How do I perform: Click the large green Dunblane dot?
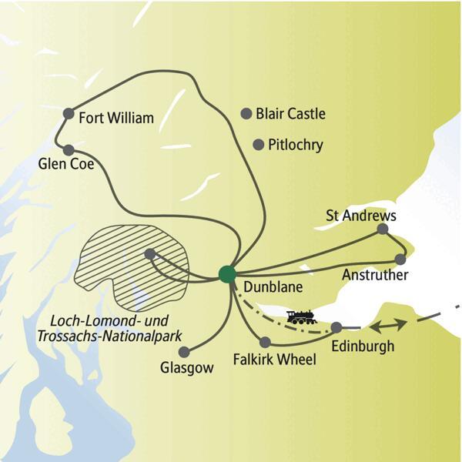tap(226, 273)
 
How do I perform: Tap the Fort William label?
tap(117, 118)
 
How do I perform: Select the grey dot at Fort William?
tap(69, 111)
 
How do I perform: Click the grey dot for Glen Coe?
tap(69, 150)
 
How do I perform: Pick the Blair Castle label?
tap(290, 114)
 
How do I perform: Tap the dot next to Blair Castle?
tap(246, 113)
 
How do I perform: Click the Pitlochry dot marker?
tap(259, 144)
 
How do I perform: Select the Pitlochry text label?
tap(296, 145)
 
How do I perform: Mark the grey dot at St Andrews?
tap(383, 229)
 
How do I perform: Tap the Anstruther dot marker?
tap(400, 259)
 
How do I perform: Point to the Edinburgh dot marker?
tap(336, 327)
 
